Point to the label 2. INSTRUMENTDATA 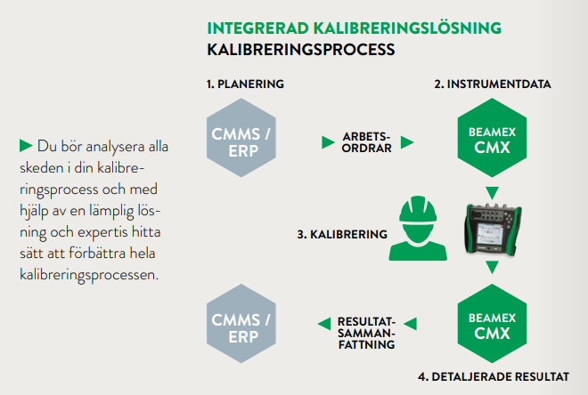(492, 85)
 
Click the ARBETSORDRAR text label (366, 141)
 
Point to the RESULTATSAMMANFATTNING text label (365, 332)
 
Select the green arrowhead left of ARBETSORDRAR (327, 141)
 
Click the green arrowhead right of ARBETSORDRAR (407, 141)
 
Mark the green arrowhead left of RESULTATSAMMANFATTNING (323, 322)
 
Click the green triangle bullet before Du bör (26, 144)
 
